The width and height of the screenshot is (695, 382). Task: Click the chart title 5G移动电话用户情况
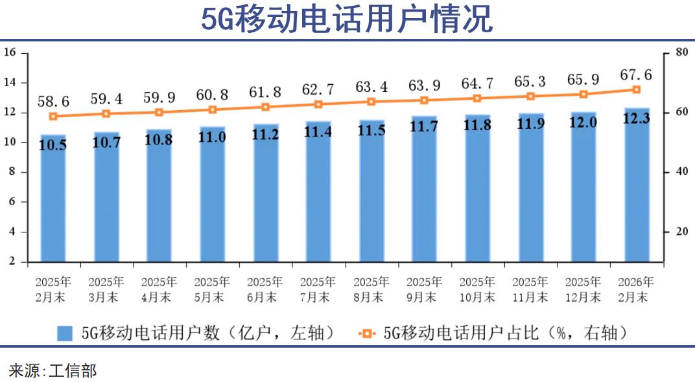pos(347,19)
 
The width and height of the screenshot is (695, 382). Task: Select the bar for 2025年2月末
pos(53,201)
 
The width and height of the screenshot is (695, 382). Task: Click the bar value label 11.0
pos(212,137)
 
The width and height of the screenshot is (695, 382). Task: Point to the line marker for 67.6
pos(636,89)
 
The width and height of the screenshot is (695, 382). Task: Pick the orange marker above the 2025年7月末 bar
pos(318,104)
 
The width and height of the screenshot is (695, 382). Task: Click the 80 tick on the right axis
pos(681,52)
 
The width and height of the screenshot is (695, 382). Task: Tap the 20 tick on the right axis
pos(681,232)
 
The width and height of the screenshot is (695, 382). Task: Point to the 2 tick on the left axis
pos(12,262)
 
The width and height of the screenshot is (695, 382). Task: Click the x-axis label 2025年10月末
pos(477,289)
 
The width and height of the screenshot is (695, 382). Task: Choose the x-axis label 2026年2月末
pos(636,289)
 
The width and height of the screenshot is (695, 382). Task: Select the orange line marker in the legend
pos(367,333)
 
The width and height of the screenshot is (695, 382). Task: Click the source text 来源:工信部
pos(53,370)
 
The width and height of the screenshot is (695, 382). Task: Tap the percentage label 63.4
pos(371,86)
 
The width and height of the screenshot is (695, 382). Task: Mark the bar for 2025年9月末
pos(424,194)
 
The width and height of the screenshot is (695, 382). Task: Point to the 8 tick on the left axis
pos(12,172)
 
